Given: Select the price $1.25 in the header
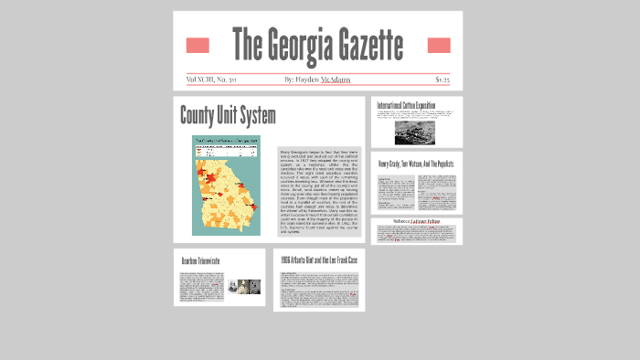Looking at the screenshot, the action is [x=443, y=79].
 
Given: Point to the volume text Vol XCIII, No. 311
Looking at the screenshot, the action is [x=210, y=79].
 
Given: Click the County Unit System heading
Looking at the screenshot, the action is [x=228, y=116].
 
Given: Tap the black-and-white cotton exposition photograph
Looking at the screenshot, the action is [x=406, y=132].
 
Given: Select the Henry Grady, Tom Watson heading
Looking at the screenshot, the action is [x=416, y=164].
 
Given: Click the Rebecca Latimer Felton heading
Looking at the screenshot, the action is [x=416, y=222].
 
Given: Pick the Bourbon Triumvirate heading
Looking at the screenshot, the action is [x=202, y=260].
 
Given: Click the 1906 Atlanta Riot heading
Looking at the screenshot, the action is [x=319, y=260].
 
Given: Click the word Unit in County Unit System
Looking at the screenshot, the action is [x=229, y=116].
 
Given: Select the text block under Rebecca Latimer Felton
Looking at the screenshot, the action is [x=416, y=235].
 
